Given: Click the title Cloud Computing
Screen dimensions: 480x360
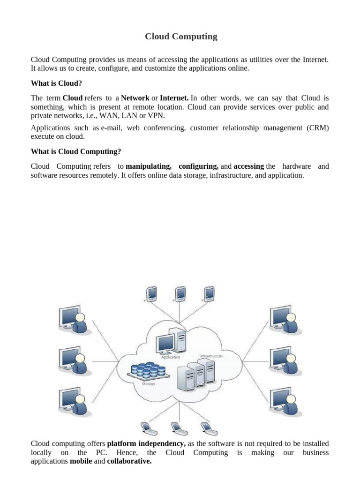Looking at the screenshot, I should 181,37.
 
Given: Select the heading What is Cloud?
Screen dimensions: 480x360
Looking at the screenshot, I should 56,83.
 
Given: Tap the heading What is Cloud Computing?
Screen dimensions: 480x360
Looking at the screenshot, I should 76,151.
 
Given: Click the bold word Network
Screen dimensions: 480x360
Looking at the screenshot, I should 135,98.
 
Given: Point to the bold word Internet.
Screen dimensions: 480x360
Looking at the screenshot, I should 174,98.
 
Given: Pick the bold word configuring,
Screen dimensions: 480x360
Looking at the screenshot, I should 198,166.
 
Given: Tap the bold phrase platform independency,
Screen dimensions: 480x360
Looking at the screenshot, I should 146,443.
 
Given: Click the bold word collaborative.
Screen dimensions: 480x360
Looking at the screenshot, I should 129,461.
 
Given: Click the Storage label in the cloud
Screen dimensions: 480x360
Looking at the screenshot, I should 148,384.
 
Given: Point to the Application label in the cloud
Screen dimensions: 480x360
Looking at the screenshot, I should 171,357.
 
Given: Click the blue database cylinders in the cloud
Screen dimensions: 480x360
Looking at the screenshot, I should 149,370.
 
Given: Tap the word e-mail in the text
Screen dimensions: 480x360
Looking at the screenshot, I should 112,128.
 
